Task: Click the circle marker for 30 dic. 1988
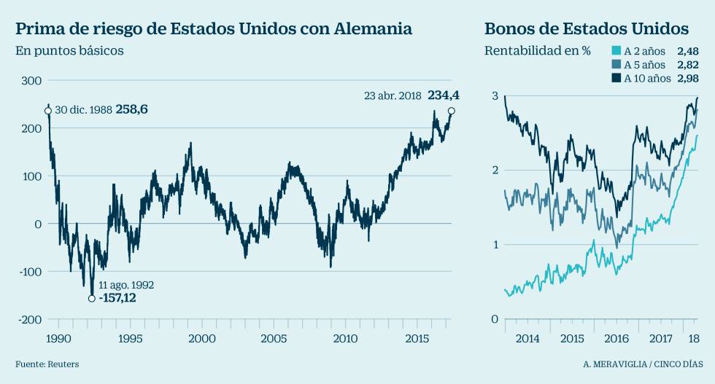coord(48,111)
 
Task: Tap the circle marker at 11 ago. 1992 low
coord(92,298)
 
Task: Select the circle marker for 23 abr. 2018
coord(452,111)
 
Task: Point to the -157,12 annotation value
coord(117,297)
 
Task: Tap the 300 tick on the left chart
coord(30,80)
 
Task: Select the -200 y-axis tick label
coord(28,320)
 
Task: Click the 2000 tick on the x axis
coord(201,338)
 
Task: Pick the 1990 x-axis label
coord(58,338)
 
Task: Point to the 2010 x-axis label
coord(345,338)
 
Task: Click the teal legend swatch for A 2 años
coord(616,51)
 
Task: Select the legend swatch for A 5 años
coord(616,65)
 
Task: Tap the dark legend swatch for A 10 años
coord(616,79)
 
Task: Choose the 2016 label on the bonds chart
coord(617,339)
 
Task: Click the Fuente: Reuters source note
coord(47,364)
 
